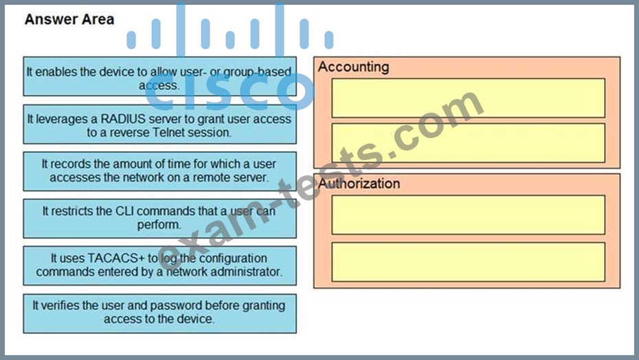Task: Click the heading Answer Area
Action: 69,19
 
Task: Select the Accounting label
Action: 353,67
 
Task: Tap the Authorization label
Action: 359,183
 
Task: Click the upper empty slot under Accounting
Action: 468,98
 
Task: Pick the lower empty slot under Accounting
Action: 468,143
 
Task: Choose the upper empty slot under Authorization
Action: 468,215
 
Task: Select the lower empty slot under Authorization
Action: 468,262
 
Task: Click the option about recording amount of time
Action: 159,171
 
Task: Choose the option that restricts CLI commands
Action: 159,218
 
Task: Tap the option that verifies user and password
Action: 159,313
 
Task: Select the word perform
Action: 159,225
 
